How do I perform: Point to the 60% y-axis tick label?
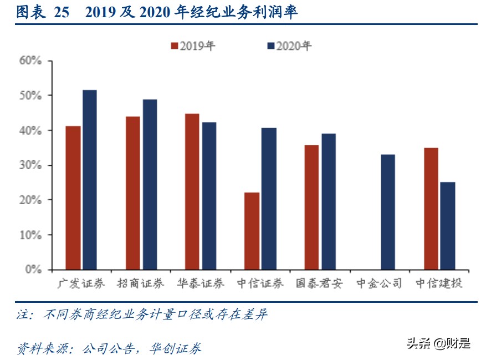point(31,61)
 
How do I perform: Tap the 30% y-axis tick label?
point(31,165)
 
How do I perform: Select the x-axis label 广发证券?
point(81,283)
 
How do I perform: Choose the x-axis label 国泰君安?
point(319,283)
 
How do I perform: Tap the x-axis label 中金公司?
point(380,283)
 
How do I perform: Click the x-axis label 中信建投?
point(439,283)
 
